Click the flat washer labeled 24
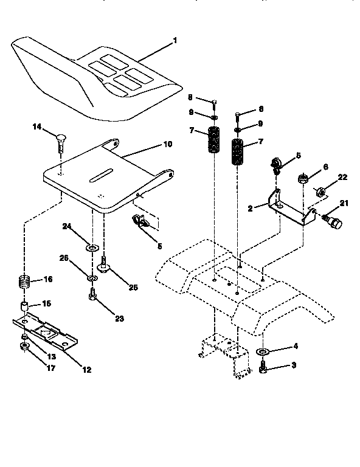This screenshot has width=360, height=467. click(93, 248)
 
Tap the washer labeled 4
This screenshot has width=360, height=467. click(263, 353)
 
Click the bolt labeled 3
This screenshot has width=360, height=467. click(263, 367)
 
